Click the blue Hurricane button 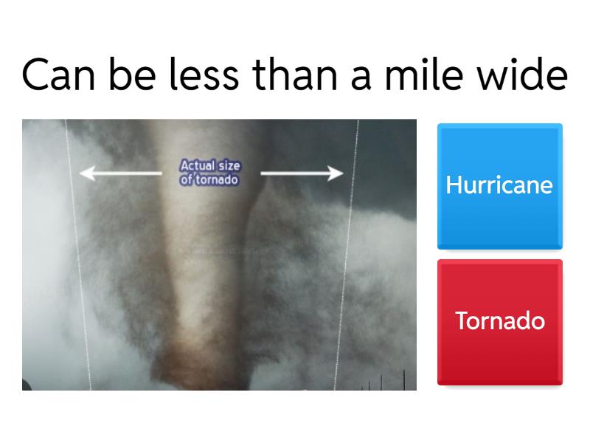tap(499, 185)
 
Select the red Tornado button tap(499, 321)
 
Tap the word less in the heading tap(201, 75)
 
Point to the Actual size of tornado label tap(210, 171)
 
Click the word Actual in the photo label tap(195, 165)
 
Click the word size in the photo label tap(227, 165)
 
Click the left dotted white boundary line tap(78, 258)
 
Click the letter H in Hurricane tap(453, 185)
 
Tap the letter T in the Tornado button tap(462, 321)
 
